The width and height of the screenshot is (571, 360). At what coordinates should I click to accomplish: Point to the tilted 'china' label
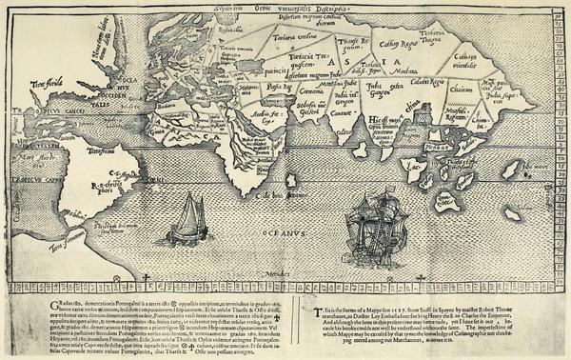(x=410, y=118)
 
